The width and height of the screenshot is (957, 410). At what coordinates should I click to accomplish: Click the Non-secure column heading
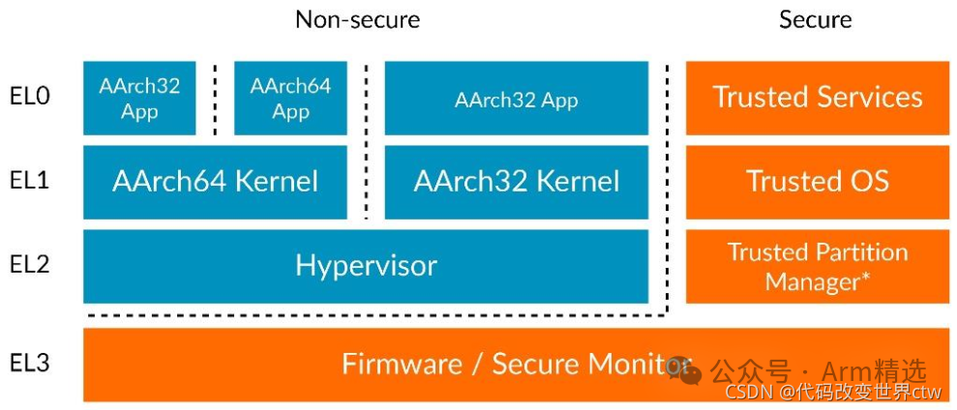(x=358, y=19)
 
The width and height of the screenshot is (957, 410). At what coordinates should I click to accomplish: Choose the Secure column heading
(x=816, y=19)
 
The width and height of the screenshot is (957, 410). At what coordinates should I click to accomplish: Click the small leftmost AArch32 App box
(x=139, y=98)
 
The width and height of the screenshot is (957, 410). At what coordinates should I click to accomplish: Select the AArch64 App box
(x=290, y=98)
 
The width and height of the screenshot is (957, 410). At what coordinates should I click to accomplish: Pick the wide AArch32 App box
(x=516, y=99)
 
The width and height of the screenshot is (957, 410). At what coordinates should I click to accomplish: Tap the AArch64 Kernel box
(x=215, y=182)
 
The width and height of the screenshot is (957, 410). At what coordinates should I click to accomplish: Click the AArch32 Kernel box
(x=516, y=182)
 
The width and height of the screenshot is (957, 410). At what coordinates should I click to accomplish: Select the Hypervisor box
(x=366, y=266)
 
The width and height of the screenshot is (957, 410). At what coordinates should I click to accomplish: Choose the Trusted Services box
(x=818, y=98)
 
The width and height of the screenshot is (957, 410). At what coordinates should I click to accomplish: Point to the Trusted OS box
(x=818, y=182)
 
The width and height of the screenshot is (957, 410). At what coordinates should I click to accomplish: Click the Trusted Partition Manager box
(x=818, y=266)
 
